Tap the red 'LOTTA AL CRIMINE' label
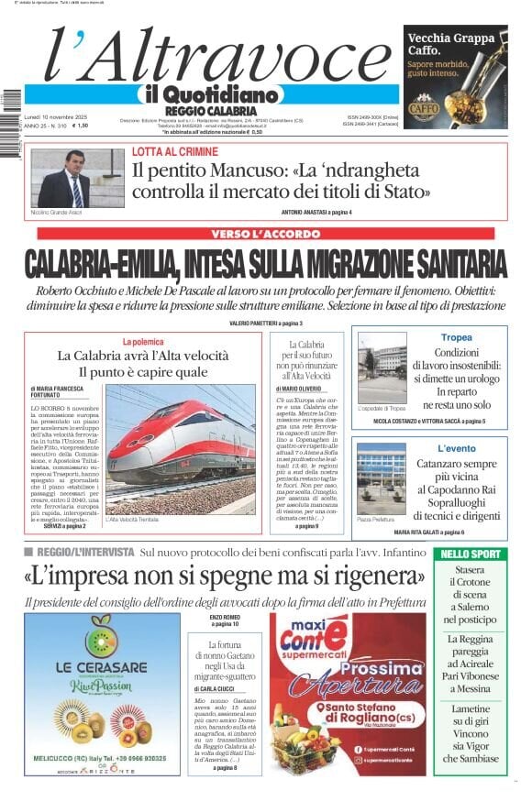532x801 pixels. point(175,151)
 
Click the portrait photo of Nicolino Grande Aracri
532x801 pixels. point(64,179)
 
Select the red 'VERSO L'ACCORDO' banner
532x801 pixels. point(265,234)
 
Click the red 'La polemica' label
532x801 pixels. point(141,341)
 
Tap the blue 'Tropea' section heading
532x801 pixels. point(456,338)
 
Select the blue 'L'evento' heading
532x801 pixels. point(457,448)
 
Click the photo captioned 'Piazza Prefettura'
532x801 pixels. point(382,479)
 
